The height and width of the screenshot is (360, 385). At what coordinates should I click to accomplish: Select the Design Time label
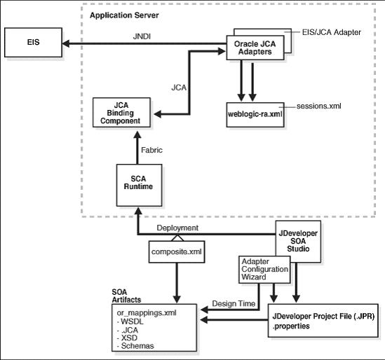coord(232,304)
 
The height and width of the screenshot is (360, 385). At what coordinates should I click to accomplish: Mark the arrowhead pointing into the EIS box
coord(65,43)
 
